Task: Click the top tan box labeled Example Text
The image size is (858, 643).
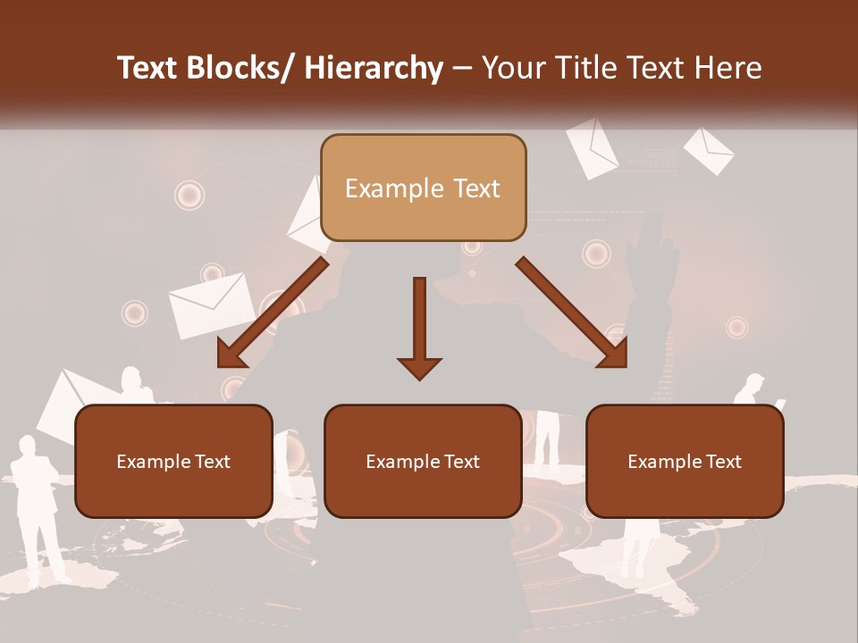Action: coord(423,188)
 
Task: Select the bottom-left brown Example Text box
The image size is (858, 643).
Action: coord(173,461)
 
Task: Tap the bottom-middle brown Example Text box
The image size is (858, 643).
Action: coord(423,461)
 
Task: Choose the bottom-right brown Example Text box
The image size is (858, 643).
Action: coord(685,461)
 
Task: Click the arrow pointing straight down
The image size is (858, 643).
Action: coord(419,327)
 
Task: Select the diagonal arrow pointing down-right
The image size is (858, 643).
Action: coord(573,313)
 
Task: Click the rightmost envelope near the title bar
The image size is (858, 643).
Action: coord(709,150)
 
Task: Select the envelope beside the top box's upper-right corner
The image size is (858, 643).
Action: coord(592,146)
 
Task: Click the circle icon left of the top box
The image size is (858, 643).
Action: coord(189,195)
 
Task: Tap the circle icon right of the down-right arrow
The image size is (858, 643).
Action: coord(736,327)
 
